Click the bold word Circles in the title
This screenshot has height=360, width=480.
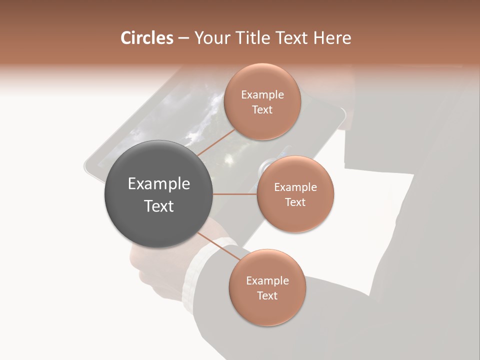[146, 38]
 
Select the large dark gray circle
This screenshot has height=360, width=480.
[158, 194]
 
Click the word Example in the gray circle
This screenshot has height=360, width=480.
[159, 184]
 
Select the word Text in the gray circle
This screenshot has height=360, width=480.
[159, 206]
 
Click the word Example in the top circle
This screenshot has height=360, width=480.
[262, 95]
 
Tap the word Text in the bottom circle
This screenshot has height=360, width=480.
[267, 295]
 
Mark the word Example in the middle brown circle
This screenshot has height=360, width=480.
[295, 187]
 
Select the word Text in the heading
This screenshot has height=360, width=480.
[292, 38]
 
